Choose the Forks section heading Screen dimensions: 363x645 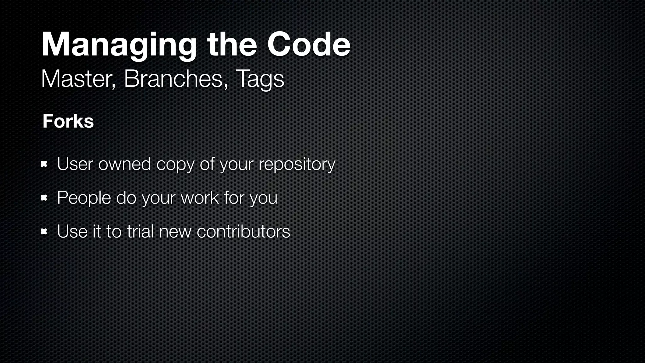(68, 121)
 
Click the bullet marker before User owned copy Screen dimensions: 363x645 (44, 164)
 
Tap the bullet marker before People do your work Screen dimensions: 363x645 (44, 198)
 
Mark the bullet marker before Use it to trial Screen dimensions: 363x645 (44, 232)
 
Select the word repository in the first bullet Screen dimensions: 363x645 (297, 164)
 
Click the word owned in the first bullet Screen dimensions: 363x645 (125, 164)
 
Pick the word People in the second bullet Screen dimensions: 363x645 (84, 198)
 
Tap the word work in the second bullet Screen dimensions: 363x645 (200, 198)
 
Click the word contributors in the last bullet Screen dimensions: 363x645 (243, 232)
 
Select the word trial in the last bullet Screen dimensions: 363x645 (140, 232)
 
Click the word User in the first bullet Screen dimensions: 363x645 (75, 164)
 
